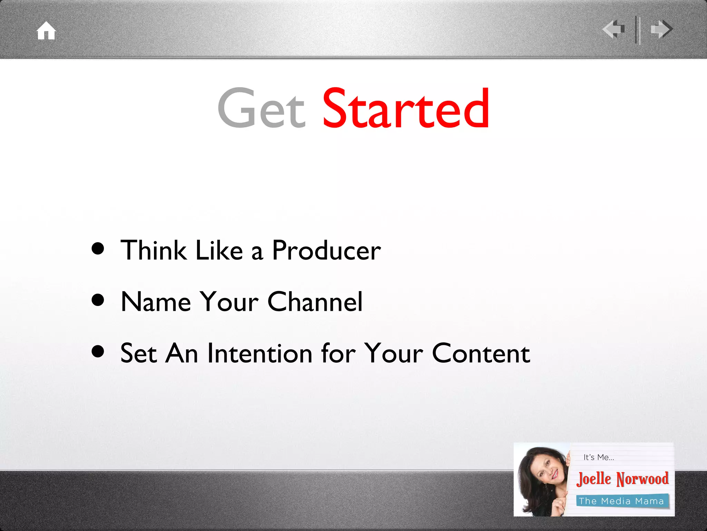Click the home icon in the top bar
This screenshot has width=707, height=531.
(x=46, y=31)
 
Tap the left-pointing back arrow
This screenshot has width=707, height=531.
(x=614, y=29)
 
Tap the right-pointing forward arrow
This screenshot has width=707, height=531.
(x=661, y=29)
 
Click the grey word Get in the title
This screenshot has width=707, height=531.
(x=261, y=108)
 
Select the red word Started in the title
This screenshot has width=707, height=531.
(x=406, y=108)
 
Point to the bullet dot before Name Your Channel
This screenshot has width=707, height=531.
(x=98, y=300)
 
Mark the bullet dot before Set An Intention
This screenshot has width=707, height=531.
(x=98, y=351)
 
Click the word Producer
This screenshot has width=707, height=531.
(x=326, y=251)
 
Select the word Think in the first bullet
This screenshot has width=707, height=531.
(x=153, y=251)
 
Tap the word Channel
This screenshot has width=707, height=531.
(x=315, y=302)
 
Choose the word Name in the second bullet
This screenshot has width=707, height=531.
(x=156, y=302)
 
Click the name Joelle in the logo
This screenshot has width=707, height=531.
(x=594, y=479)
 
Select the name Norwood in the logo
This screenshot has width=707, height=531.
(x=643, y=479)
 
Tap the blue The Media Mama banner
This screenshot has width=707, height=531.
(x=622, y=501)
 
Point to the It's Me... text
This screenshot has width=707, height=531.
(x=599, y=457)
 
